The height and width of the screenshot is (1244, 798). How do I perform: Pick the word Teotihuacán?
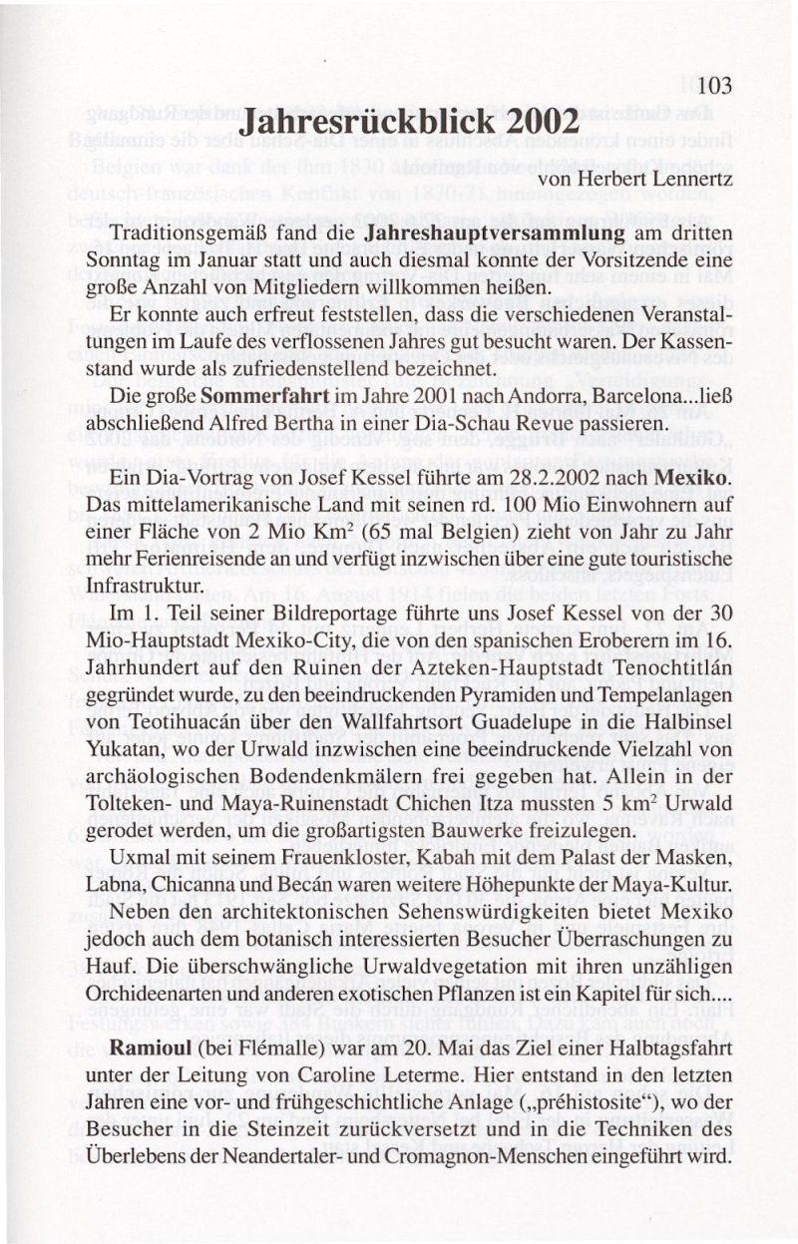(175, 718)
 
